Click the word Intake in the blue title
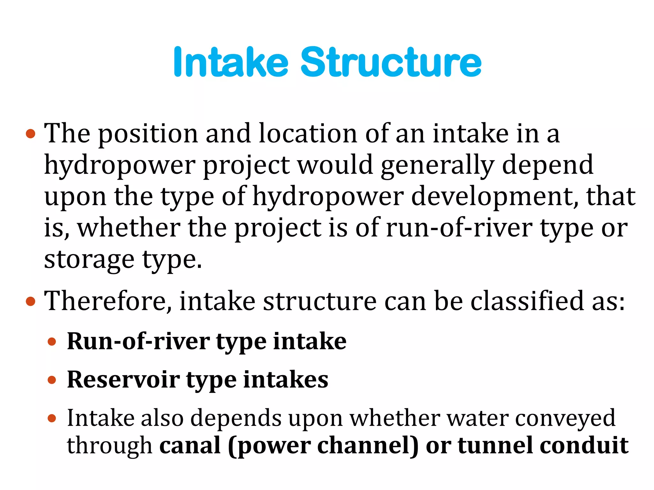click(231, 62)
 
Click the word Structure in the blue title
click(391, 62)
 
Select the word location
click(308, 133)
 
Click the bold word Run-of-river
click(138, 342)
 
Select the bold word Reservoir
click(123, 380)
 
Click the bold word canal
click(190, 445)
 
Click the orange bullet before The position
click(30, 134)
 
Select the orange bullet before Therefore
click(30, 301)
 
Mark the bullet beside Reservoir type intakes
click(52, 380)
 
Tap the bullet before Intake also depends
click(52, 418)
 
